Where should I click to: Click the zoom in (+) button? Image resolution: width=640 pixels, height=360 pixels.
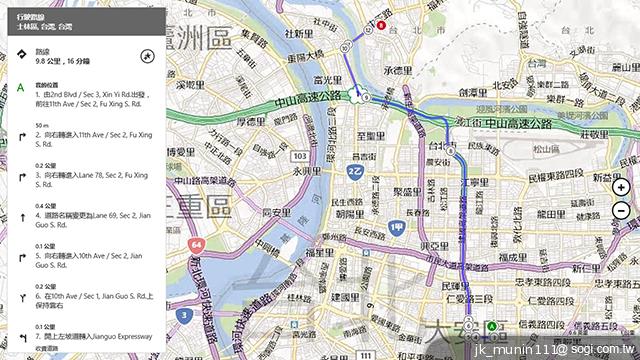[x=621, y=187]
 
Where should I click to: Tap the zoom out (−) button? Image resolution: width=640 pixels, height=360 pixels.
[x=621, y=210]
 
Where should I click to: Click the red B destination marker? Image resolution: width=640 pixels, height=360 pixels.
[x=381, y=27]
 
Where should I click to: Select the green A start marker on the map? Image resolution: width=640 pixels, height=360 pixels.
[x=492, y=327]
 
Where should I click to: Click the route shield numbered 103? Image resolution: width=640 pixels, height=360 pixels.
[x=300, y=157]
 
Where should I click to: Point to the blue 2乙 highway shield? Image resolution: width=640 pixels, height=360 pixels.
[x=354, y=172]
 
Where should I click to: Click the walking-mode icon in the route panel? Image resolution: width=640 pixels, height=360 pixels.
[x=147, y=57]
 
